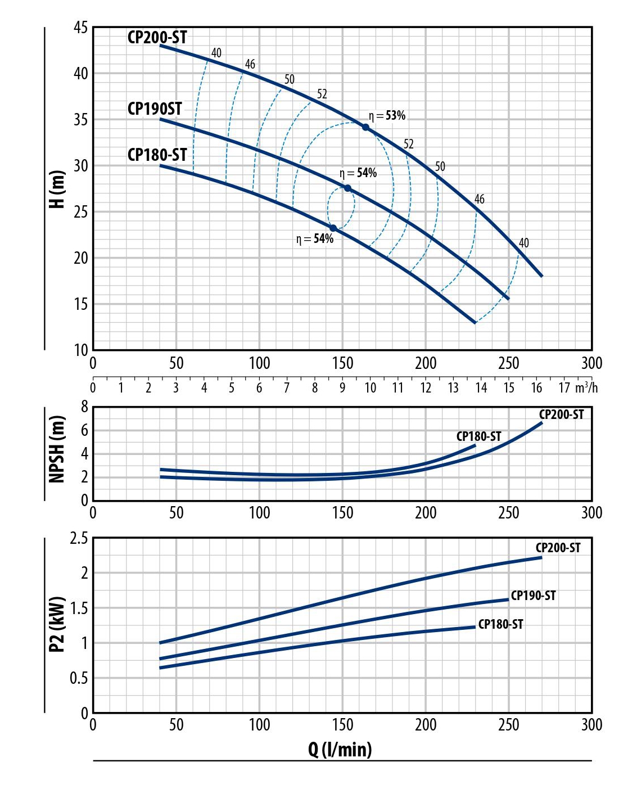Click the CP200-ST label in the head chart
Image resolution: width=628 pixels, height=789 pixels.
pos(157,38)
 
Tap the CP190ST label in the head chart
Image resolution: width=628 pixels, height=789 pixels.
pos(155,109)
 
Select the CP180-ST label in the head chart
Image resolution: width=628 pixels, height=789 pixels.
pos(157,155)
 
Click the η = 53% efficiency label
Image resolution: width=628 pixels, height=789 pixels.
pos(387,116)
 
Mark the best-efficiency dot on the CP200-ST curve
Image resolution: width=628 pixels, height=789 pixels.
pos(365,128)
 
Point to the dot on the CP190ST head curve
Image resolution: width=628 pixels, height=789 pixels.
pos(347,188)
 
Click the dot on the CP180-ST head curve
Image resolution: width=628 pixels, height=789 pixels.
pos(333,228)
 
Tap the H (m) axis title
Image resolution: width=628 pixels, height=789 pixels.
pos(57,189)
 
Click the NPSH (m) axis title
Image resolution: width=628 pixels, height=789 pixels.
pos(57,449)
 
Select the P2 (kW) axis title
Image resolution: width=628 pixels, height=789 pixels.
pos(57,624)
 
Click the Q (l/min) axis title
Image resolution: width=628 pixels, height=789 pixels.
pos(340,749)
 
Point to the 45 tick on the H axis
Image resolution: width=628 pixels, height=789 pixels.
pos(81,27)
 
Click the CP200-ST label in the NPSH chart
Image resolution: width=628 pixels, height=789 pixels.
pos(561,415)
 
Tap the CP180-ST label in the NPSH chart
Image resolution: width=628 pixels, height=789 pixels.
pos(478,436)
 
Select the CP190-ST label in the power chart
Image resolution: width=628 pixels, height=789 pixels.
pos(533,596)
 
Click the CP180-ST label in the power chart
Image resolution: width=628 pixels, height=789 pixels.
pos(500,624)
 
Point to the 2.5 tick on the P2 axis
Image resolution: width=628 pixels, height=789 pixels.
pos(79,539)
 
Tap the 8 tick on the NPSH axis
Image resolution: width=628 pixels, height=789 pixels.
pos(85,407)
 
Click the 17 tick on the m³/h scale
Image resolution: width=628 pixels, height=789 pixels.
pos(564,387)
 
